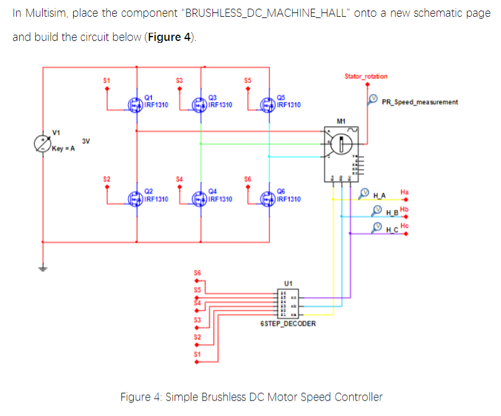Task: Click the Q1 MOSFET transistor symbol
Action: click(136, 105)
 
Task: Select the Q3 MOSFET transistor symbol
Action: click(200, 105)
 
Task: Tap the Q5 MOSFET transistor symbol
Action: click(269, 105)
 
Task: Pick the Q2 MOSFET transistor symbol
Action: click(136, 199)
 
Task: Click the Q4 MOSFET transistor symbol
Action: click(200, 199)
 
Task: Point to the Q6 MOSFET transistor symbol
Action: click(269, 199)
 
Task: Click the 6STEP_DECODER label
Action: click(288, 324)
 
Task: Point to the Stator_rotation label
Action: click(366, 76)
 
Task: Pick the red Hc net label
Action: click(404, 225)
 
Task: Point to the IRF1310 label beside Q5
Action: click(289, 105)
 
